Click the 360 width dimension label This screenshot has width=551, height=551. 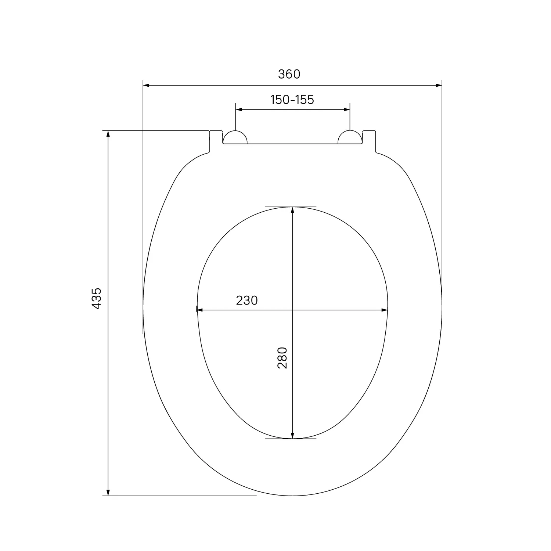coord(289,74)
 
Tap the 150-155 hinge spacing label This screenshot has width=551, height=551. coord(292,100)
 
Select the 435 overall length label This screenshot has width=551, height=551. coord(96,298)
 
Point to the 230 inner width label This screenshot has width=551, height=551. coord(247,300)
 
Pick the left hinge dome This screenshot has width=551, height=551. coord(235,137)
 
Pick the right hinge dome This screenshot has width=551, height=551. coord(350,137)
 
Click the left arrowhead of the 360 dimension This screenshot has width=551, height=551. coord(146,86)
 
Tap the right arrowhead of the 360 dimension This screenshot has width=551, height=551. coord(439,86)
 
